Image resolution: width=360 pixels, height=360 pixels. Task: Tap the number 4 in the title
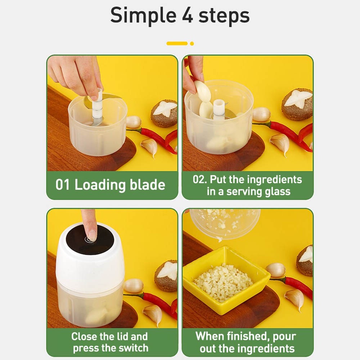[188, 15]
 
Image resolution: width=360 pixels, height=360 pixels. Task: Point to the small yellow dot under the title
[192, 44]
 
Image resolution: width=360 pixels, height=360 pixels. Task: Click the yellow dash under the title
[177, 44]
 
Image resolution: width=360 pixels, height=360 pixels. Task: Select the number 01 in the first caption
[62, 185]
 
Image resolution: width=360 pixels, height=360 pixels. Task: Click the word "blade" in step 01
[147, 185]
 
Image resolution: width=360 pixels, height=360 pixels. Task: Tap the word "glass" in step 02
[278, 192]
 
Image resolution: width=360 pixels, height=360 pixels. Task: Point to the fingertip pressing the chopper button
[92, 235]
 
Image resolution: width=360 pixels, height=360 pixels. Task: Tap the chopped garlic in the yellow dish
[223, 282]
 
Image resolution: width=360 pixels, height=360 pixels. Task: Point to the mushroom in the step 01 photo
[165, 113]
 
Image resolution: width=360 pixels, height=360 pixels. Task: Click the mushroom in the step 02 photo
[298, 104]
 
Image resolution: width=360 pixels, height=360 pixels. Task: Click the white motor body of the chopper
[90, 260]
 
